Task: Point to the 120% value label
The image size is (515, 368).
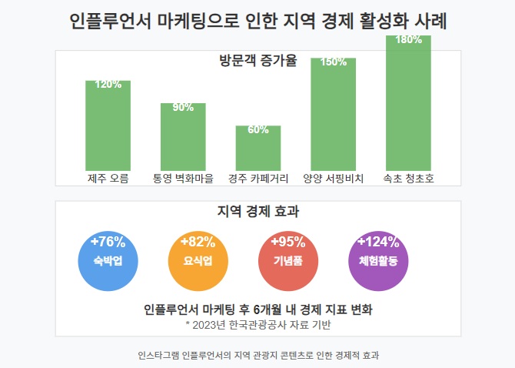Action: coord(108,85)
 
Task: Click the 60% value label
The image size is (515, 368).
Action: coord(258,129)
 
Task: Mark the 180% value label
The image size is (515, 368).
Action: coord(408,40)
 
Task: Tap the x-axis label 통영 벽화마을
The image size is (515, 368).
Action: coord(183,179)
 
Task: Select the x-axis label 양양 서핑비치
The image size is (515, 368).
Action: coord(334,179)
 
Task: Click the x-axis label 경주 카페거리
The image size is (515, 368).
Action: coord(258,179)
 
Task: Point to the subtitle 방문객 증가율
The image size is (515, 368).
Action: coord(258,62)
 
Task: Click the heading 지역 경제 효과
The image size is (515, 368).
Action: coord(258,211)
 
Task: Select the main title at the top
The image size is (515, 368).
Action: coord(258,21)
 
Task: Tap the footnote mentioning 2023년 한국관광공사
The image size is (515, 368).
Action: coord(258,325)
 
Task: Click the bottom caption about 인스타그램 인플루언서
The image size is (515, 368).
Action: coord(258,355)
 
